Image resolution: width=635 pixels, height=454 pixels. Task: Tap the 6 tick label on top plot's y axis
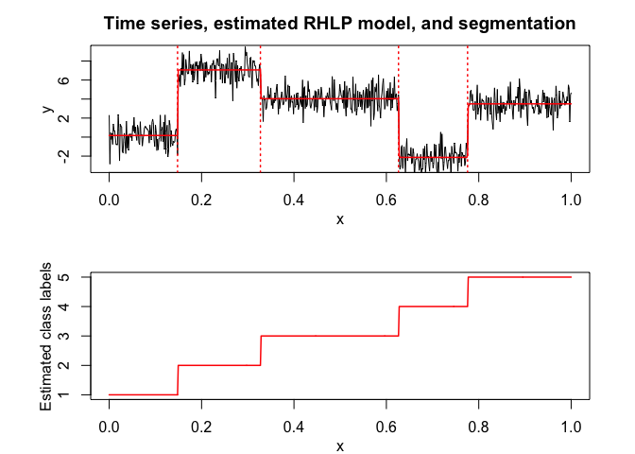[62, 80]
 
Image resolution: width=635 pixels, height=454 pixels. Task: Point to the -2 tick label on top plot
[62, 156]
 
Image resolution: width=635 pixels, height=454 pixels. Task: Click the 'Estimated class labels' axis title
[45, 336]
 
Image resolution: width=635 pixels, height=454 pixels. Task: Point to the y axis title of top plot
[45, 110]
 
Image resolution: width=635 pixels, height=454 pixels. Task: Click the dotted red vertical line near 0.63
[399, 66]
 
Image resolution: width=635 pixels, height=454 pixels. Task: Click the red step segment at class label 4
[434, 306]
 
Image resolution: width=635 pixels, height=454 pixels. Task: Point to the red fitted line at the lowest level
[433, 157]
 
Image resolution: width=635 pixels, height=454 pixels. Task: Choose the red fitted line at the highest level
[219, 70]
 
